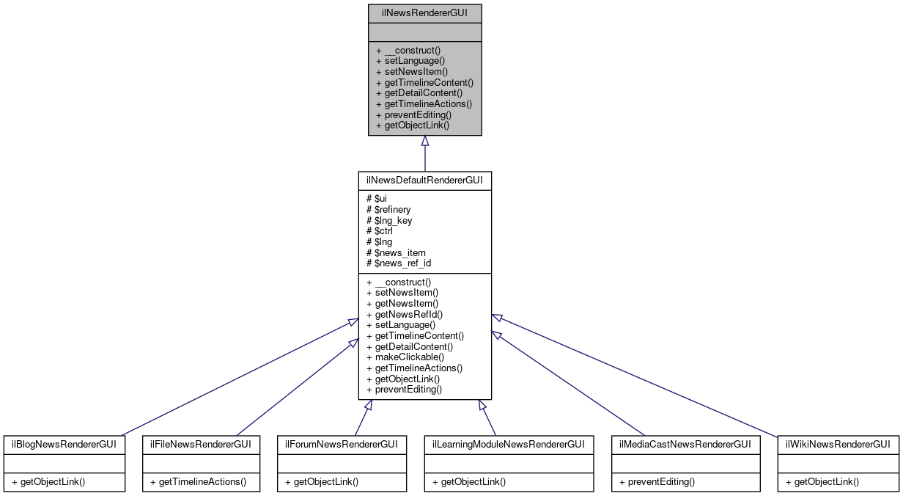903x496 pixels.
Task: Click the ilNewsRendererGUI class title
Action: [424, 13]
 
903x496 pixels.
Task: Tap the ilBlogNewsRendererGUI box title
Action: [64, 444]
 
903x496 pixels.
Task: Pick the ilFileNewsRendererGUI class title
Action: [201, 444]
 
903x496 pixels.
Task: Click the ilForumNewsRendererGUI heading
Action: [342, 444]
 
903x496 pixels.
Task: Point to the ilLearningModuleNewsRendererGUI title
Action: [508, 444]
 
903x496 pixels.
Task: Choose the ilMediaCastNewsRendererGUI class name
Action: [682, 444]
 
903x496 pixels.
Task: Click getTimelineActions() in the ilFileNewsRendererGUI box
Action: [198, 482]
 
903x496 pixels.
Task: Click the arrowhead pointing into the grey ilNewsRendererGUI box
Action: [424, 141]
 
